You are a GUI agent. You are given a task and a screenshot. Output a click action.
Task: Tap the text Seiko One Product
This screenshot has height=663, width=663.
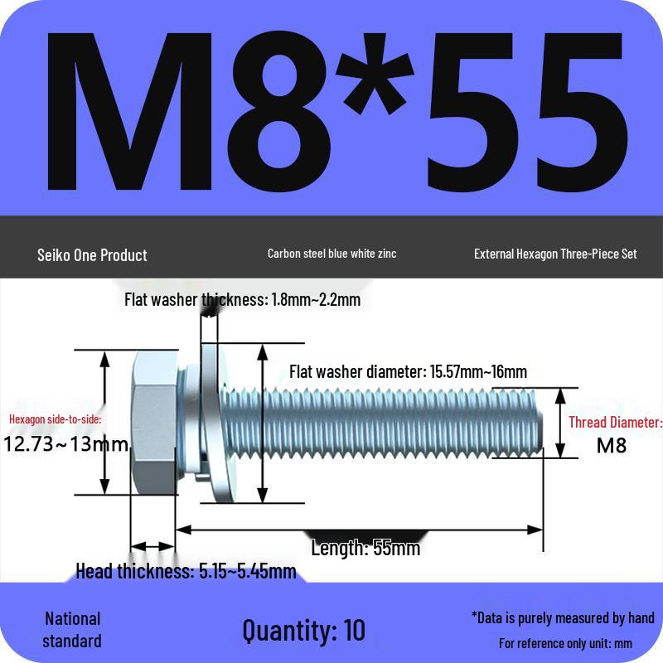tap(92, 255)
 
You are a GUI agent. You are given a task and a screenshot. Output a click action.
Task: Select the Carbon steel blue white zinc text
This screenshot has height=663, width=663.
tap(331, 254)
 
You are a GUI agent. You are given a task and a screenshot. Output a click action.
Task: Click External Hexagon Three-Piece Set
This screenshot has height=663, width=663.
tap(555, 254)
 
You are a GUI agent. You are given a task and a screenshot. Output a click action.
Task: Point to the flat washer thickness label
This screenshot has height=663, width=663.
tap(242, 300)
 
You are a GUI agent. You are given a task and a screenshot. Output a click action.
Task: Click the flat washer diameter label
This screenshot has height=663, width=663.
tap(408, 371)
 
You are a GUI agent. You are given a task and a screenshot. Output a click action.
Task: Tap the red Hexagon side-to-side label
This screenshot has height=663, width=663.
tap(56, 419)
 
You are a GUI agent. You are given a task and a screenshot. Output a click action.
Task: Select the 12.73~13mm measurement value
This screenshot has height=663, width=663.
tap(66, 444)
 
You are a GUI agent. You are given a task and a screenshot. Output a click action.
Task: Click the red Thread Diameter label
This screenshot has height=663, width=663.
tap(615, 423)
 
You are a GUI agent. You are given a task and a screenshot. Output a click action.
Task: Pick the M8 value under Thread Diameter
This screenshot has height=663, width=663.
tap(612, 446)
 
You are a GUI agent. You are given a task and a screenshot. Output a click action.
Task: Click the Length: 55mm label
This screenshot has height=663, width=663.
tap(365, 548)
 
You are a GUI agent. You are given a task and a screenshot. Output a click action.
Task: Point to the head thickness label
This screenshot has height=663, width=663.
tap(186, 571)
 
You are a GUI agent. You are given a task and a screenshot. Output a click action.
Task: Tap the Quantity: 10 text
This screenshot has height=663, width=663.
tap(303, 630)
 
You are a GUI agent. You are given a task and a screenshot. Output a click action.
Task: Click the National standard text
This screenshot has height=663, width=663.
tap(72, 630)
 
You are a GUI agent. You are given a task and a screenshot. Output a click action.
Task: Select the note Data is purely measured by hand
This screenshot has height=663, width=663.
tap(563, 617)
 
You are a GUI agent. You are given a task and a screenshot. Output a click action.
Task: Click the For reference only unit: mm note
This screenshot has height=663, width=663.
tap(565, 643)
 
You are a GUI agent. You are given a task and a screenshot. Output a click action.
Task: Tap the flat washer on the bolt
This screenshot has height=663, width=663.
tap(213, 423)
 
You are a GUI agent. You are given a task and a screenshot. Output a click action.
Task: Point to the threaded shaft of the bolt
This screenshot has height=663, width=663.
tap(398, 423)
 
